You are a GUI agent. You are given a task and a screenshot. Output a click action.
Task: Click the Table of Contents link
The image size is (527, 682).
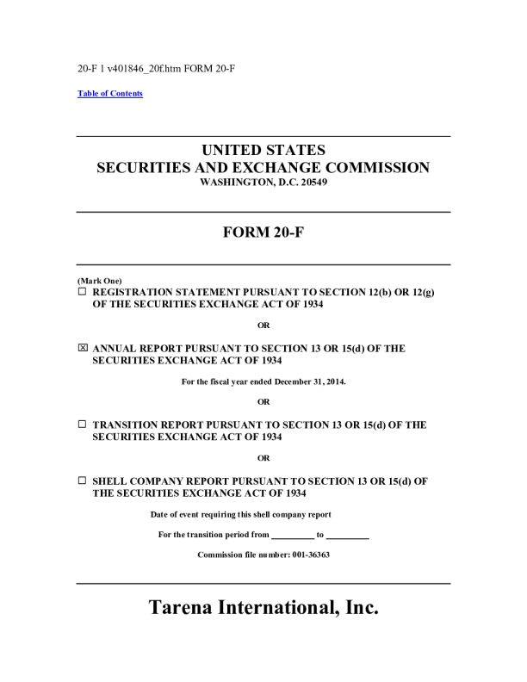coord(110,94)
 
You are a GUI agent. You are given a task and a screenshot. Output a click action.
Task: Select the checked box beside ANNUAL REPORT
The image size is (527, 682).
coord(83,349)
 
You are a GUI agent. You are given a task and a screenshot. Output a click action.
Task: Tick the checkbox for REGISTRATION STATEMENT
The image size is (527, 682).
coord(83,293)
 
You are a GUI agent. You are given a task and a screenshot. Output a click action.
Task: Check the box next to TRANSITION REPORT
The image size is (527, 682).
coord(83,425)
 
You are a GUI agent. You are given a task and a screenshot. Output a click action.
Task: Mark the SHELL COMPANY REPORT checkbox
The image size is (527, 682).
coord(83,480)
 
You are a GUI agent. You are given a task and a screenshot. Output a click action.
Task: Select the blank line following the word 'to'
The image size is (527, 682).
coord(348,536)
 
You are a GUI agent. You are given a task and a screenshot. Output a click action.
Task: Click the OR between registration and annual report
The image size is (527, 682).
coord(263,325)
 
